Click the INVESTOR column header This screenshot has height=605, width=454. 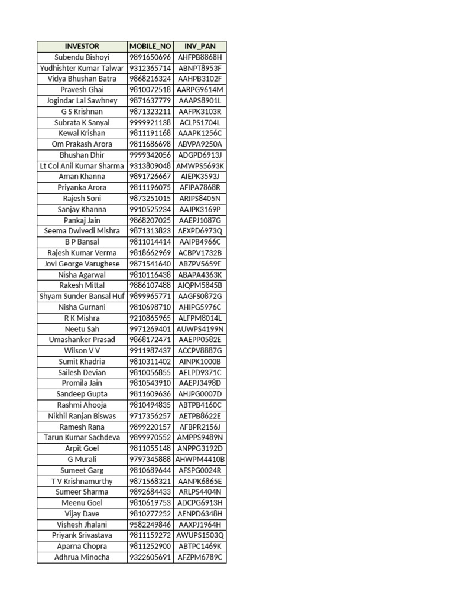tap(82, 46)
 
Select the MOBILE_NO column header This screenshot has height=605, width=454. tap(150, 46)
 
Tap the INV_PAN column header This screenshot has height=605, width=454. tap(200, 46)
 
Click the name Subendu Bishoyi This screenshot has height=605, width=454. tap(82, 57)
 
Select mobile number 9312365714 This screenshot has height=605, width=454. tap(150, 68)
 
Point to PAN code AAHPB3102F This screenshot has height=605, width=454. tap(200, 79)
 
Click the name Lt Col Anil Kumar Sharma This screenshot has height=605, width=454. tap(82, 166)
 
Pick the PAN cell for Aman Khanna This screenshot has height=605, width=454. tap(200, 177)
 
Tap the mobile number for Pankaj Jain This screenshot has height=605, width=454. tap(150, 220)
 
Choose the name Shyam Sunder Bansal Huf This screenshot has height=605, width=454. tap(82, 296)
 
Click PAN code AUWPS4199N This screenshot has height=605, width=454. tap(200, 329)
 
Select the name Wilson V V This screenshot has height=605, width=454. tap(82, 350)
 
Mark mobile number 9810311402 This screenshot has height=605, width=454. tap(150, 362)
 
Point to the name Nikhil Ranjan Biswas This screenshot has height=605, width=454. tap(82, 416)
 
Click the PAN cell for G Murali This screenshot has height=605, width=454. tap(200, 459)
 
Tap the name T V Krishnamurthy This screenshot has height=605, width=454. tap(82, 481)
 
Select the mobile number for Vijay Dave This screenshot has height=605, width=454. tap(150, 513)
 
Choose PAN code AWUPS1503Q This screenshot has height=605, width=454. tap(200, 535)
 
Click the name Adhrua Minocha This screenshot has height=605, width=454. tap(82, 557)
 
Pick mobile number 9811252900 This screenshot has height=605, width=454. tap(150, 547)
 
